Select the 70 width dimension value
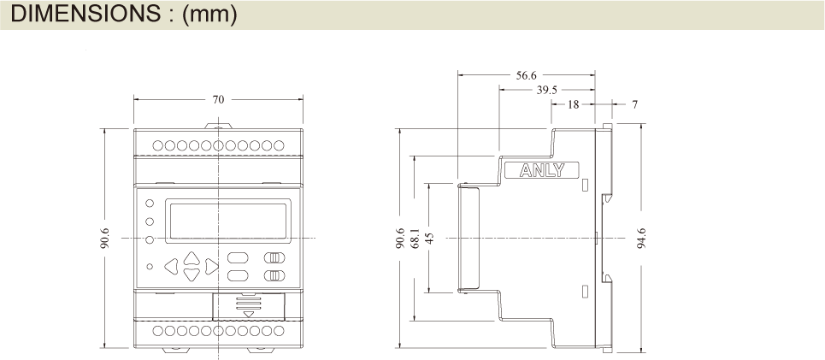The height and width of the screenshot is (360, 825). [218, 99]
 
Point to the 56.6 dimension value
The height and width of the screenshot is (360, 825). [527, 74]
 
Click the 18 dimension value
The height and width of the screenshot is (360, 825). [574, 104]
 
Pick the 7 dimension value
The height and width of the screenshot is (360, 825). [634, 104]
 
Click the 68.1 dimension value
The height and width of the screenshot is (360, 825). [415, 238]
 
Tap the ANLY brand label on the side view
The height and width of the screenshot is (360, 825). [543, 170]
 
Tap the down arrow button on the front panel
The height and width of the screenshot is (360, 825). [192, 274]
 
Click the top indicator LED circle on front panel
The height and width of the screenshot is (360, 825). [150, 204]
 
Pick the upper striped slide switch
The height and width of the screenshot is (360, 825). [274, 258]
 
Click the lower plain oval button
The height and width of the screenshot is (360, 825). [237, 275]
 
